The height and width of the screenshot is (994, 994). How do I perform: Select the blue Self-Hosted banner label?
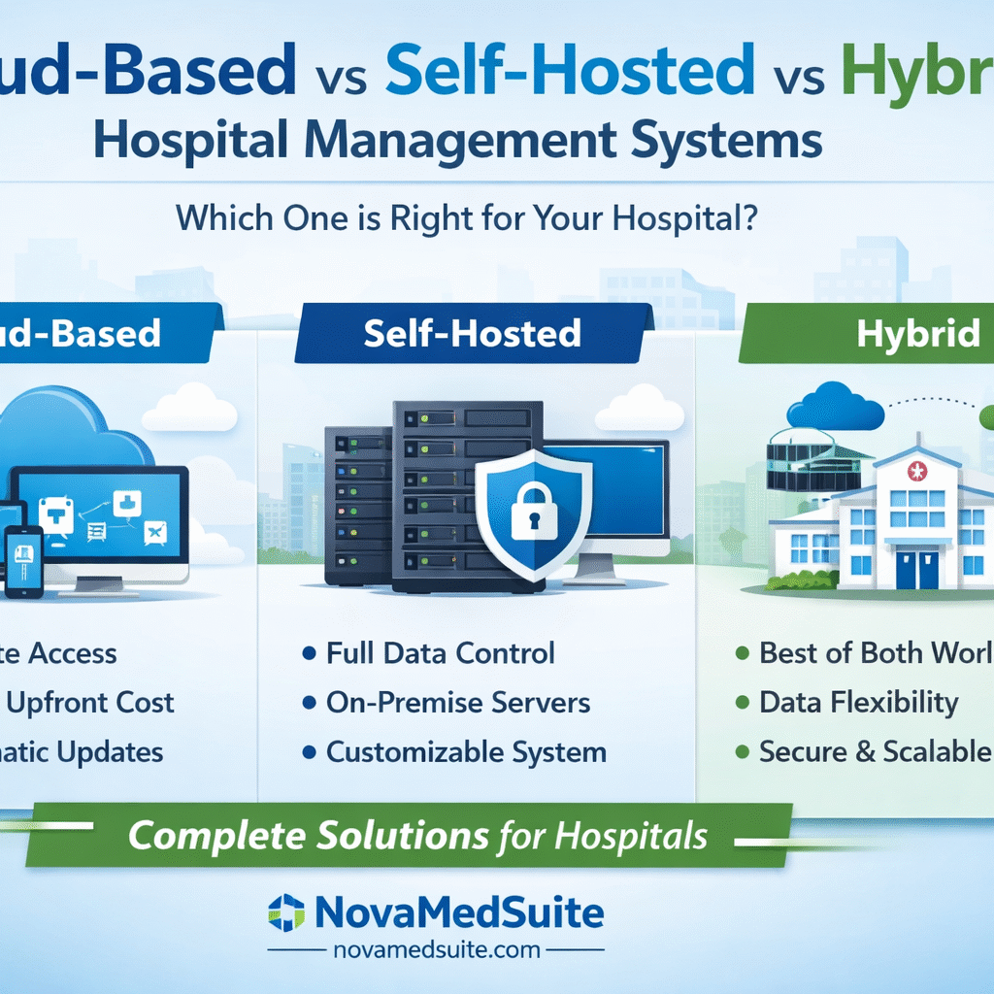click(x=472, y=333)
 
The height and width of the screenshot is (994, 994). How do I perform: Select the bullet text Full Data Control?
click(x=440, y=652)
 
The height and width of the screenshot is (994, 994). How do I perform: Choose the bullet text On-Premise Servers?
click(x=458, y=702)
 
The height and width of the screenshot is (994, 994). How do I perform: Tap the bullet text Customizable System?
click(x=466, y=751)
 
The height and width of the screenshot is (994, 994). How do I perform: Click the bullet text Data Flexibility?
click(x=858, y=702)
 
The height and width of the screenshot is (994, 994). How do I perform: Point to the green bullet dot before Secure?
click(x=743, y=752)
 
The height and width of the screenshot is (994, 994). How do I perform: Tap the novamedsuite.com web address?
click(x=435, y=950)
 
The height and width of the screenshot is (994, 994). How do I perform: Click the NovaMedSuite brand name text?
click(x=459, y=912)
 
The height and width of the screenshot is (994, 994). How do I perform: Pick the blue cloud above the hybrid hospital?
click(x=835, y=405)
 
